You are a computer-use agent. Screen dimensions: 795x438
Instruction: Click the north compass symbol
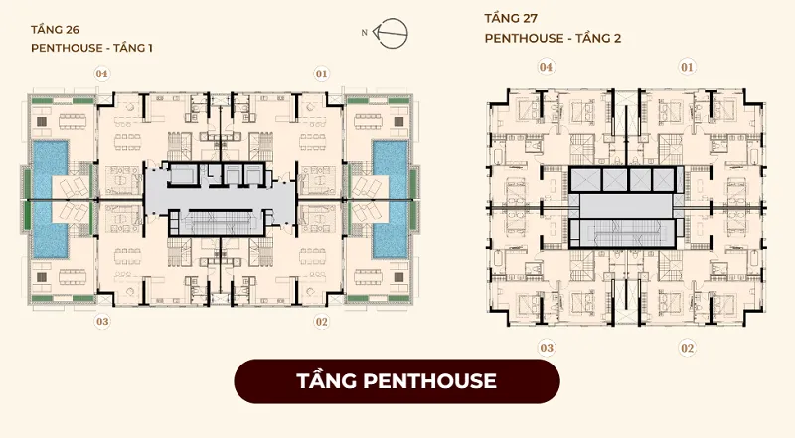click(390, 33)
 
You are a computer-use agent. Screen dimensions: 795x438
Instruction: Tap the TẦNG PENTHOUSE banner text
click(397, 381)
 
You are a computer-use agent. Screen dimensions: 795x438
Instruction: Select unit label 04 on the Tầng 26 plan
click(102, 74)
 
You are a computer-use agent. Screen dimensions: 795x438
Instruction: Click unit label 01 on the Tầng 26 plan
click(321, 74)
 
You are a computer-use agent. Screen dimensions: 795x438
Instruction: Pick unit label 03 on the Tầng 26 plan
click(102, 322)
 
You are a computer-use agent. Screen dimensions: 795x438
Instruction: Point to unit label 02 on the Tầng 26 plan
click(321, 322)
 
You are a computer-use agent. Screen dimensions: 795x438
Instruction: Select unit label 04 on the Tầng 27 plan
click(546, 67)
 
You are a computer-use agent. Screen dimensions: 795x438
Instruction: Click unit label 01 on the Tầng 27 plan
click(687, 67)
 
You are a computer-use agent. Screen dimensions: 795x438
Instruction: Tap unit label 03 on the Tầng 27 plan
click(547, 348)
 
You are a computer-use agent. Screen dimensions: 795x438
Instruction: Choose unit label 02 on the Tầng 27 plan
click(687, 348)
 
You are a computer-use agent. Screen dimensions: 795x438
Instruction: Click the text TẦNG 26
click(55, 29)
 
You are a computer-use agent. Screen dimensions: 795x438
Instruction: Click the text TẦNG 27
click(511, 18)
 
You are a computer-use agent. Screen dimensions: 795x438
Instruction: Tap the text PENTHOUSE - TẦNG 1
click(91, 48)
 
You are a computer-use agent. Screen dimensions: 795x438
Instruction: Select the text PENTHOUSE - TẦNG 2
click(553, 38)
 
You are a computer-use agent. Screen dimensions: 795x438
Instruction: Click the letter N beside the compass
click(364, 33)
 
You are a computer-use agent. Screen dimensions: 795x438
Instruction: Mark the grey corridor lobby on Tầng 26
click(220, 197)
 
